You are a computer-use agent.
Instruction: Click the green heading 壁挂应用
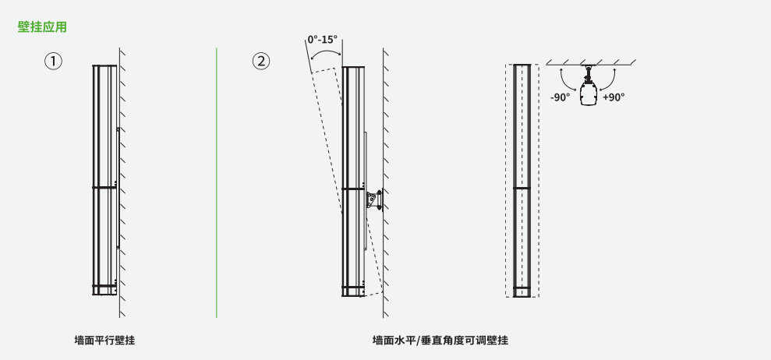click(42, 27)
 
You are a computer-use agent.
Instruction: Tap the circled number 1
click(54, 62)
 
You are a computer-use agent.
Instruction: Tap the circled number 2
click(261, 62)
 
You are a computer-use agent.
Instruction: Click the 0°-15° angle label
click(323, 39)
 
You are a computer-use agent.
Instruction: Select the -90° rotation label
click(560, 97)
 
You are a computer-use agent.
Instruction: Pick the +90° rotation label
click(614, 97)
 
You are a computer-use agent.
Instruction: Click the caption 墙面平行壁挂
click(104, 340)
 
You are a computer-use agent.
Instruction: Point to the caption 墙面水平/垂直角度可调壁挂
click(440, 340)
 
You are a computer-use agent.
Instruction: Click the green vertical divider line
click(217, 182)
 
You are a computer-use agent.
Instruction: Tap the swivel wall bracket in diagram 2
click(374, 200)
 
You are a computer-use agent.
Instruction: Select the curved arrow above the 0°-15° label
click(325, 50)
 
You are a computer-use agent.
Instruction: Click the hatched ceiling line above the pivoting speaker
click(591, 64)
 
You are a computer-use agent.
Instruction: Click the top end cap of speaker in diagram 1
click(104, 66)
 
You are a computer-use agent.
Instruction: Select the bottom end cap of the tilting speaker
click(353, 291)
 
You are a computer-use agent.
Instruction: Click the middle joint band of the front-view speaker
click(522, 188)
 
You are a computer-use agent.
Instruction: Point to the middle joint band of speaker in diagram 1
click(104, 187)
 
